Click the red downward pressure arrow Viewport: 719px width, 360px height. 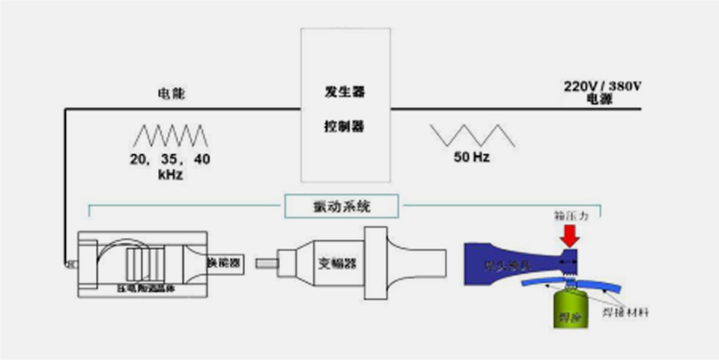[571, 235]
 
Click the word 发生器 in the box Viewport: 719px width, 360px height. [345, 91]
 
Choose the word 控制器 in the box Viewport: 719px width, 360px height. [345, 126]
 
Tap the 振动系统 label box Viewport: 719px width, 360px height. [342, 204]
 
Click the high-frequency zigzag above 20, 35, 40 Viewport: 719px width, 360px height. [170, 135]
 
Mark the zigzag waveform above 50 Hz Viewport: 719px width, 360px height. [472, 135]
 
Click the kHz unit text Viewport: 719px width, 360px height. [170, 175]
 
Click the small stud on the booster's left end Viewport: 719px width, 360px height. [266, 263]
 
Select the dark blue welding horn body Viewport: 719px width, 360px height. [509, 262]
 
